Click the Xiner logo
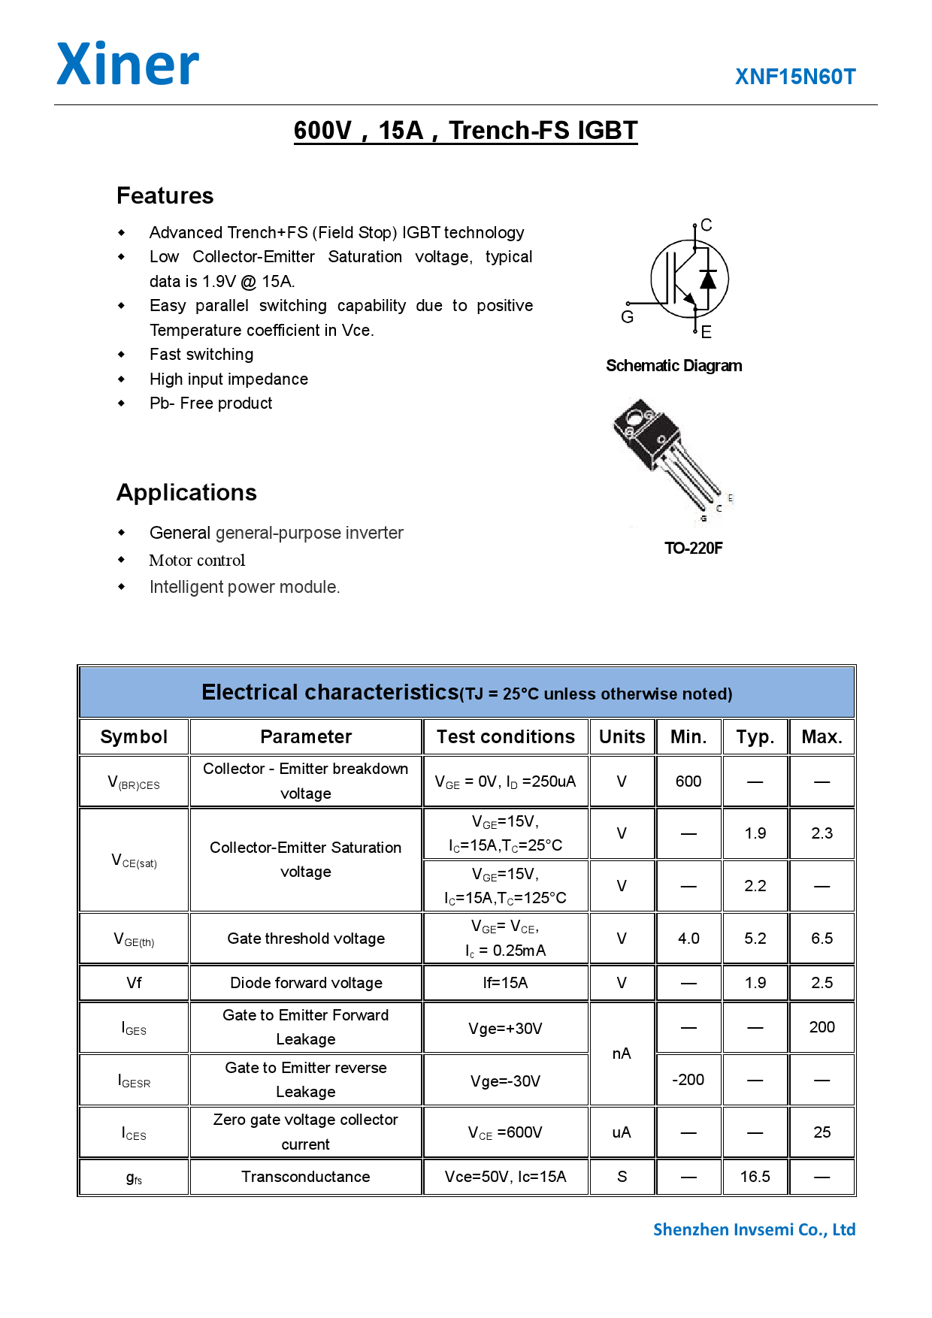pyautogui.click(x=128, y=65)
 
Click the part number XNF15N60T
pyautogui.click(x=795, y=77)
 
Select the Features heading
pyautogui.click(x=165, y=195)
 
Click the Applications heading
pyautogui.click(x=186, y=492)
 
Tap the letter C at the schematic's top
pyautogui.click(x=706, y=225)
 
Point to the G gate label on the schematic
pyautogui.click(x=627, y=317)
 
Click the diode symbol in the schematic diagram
pyautogui.click(x=707, y=279)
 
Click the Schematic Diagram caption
pyautogui.click(x=673, y=366)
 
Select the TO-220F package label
pyautogui.click(x=693, y=548)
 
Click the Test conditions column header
pyautogui.click(x=505, y=736)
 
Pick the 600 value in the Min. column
pyautogui.click(x=688, y=781)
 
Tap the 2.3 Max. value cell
pyautogui.click(x=822, y=833)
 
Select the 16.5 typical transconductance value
pyautogui.click(x=755, y=1177)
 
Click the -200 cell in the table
pyautogui.click(x=688, y=1080)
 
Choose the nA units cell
pyautogui.click(x=622, y=1053)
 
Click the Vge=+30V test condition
pyautogui.click(x=505, y=1028)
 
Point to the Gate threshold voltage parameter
pyautogui.click(x=306, y=939)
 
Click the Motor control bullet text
pyautogui.click(x=197, y=561)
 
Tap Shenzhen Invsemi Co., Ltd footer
pyautogui.click(x=754, y=1229)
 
